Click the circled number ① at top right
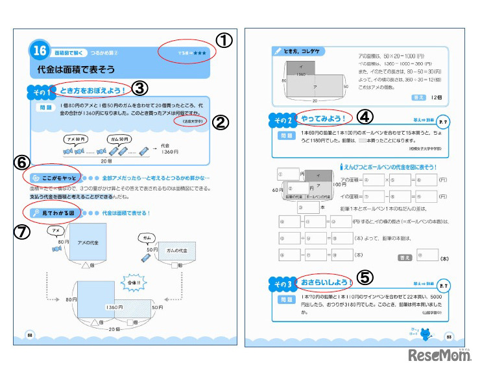click(223, 40)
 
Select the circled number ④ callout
click(365, 117)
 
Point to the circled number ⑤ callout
click(365, 277)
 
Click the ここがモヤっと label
click(56, 178)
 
